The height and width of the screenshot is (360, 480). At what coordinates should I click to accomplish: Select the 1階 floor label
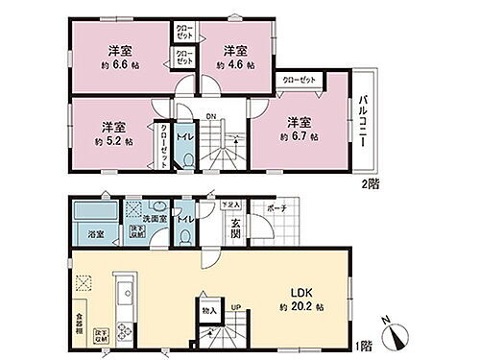[366, 346]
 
